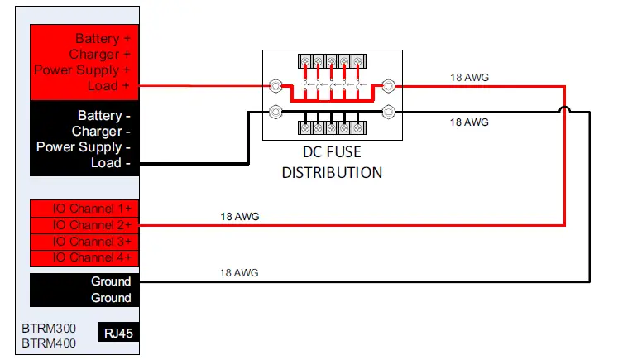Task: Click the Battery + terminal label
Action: coord(103,39)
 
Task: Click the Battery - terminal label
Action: coord(104,116)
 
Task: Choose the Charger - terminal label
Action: coord(101,132)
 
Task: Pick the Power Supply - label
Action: coord(84,147)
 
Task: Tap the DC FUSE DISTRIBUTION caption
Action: coord(332,164)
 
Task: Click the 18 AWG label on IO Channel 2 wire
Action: coord(240,217)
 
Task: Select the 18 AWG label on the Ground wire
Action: coord(240,272)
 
